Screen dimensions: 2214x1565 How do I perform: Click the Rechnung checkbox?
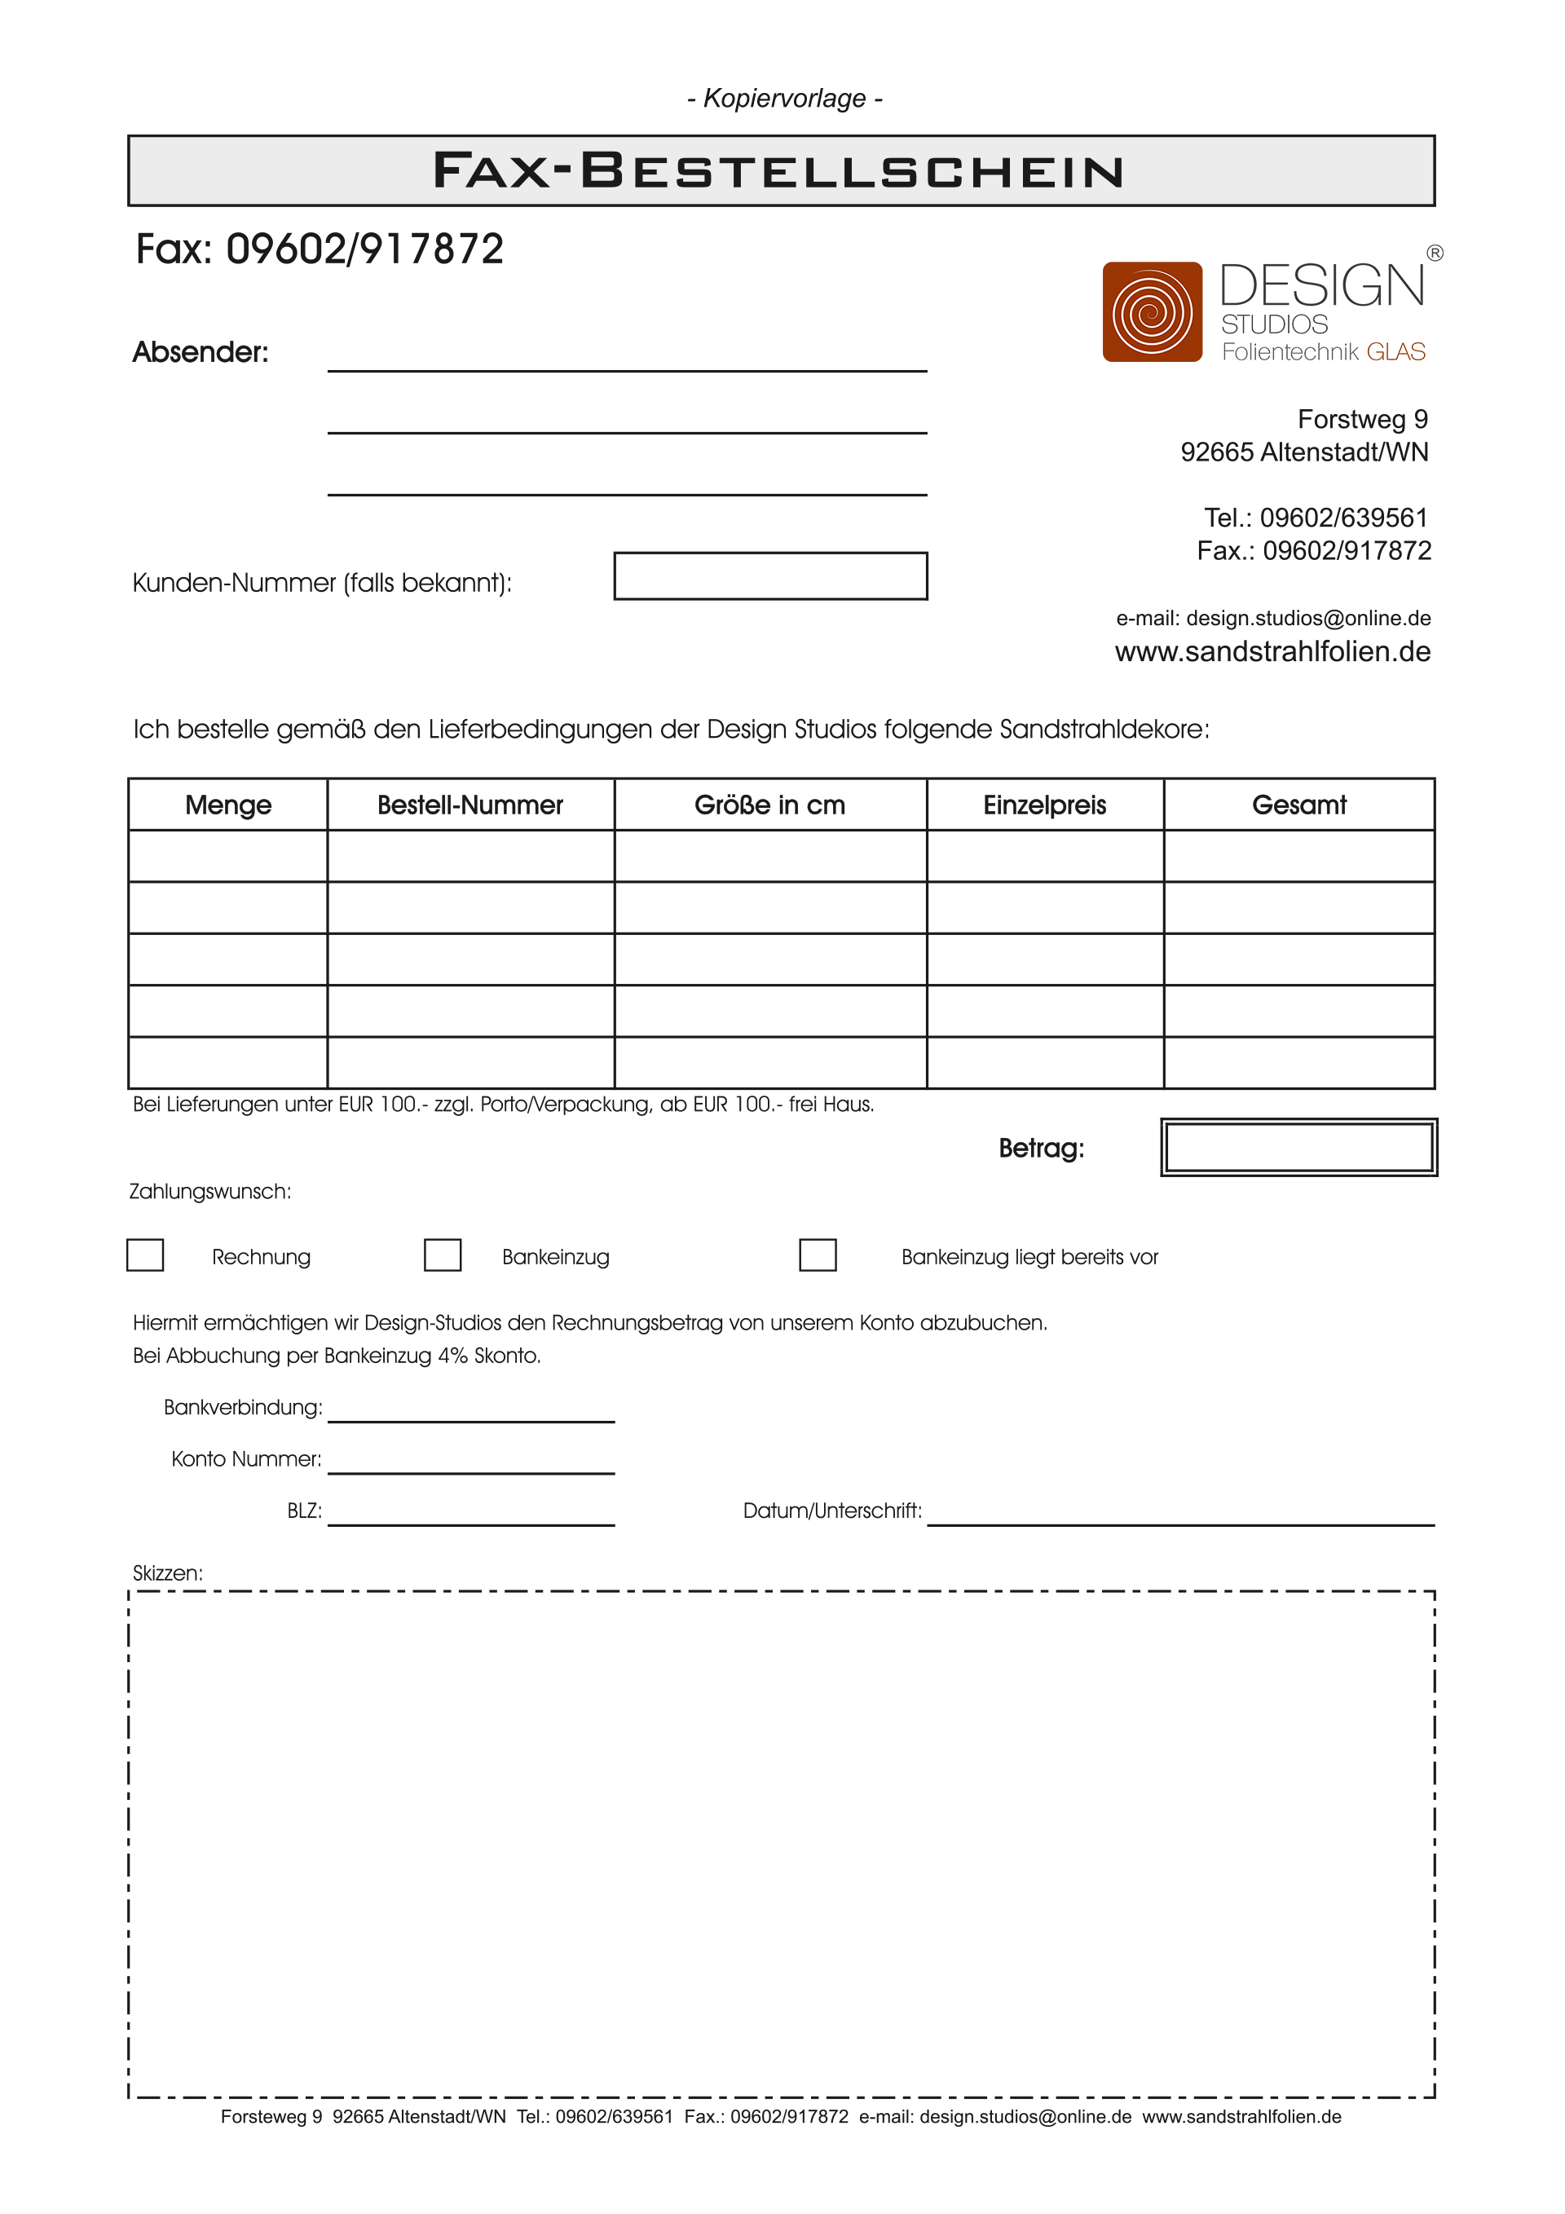pyautogui.click(x=144, y=1255)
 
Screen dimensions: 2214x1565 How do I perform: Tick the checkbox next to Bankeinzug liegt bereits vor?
pyautogui.click(x=817, y=1255)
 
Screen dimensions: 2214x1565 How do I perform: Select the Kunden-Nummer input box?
pyautogui.click(x=769, y=576)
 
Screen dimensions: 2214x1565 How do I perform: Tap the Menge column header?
pyautogui.click(x=227, y=805)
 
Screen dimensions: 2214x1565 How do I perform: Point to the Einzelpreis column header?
pyautogui.click(x=1044, y=805)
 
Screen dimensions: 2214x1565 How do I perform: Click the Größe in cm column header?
pyautogui.click(x=769, y=805)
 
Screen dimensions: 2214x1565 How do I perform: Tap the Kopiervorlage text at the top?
pyautogui.click(x=784, y=99)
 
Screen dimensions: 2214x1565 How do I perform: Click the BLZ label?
pyautogui.click(x=304, y=1511)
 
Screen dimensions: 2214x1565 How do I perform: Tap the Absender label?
pyautogui.click(x=201, y=352)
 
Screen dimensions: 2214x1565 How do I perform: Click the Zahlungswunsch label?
pyautogui.click(x=210, y=1191)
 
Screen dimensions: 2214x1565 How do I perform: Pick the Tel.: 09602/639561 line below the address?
pyautogui.click(x=1316, y=518)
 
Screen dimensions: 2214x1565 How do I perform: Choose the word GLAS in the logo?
pyautogui.click(x=1395, y=352)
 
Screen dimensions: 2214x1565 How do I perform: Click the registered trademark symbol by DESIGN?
pyautogui.click(x=1435, y=254)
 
